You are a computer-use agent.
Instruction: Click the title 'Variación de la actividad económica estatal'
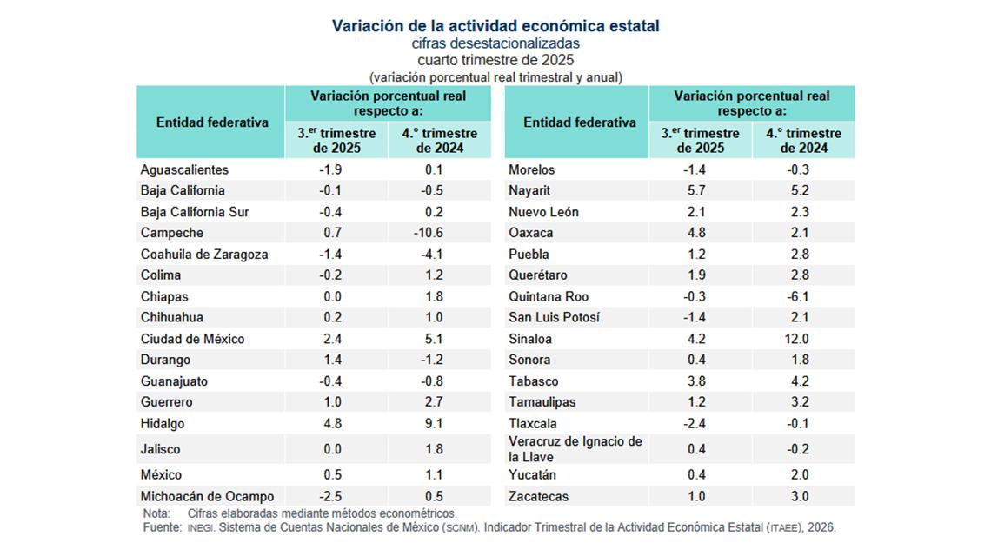click(495, 26)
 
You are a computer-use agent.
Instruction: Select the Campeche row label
click(172, 233)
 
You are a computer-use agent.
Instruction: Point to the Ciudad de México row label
click(192, 339)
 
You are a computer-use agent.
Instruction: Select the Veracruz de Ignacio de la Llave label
click(575, 449)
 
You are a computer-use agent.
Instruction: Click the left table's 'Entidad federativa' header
click(212, 122)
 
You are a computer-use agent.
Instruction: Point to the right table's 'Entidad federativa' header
click(580, 122)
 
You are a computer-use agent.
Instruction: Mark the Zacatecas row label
click(538, 497)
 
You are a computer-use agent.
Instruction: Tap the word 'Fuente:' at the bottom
click(161, 527)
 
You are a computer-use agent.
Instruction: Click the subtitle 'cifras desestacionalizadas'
click(495, 43)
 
